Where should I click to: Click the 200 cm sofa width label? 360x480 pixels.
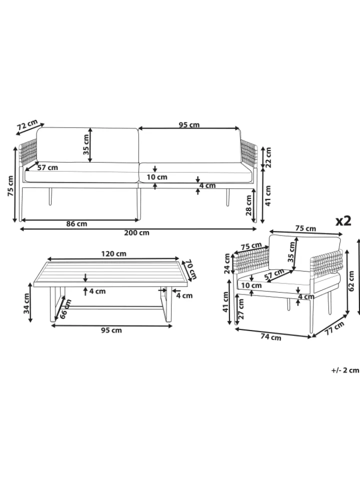coord(136,232)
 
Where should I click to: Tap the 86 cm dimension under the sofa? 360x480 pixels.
coord(76,224)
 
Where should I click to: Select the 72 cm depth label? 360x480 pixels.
coord(27,125)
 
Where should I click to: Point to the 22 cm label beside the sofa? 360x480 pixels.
coord(268,157)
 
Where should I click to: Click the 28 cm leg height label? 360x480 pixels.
coord(248,205)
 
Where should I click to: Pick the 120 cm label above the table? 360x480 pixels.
coord(113,254)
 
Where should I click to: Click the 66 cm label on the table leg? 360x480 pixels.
coord(65,308)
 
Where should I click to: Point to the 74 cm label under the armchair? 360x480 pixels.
coord(270,336)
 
